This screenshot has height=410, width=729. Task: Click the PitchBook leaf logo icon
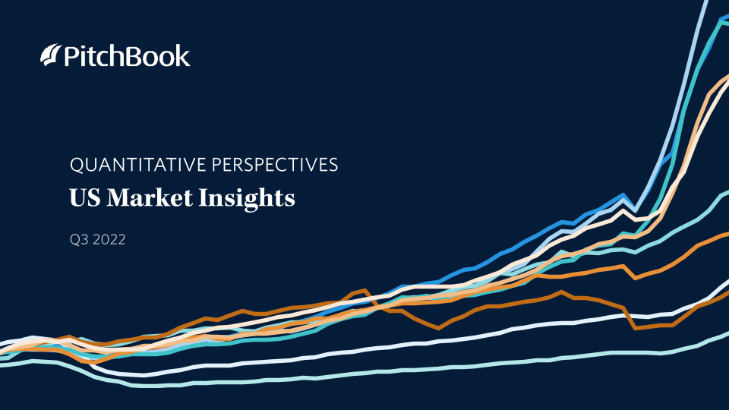51,55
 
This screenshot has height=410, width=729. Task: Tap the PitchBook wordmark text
127,55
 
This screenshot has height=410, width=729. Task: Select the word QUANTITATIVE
138,165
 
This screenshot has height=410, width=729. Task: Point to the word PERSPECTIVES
275,165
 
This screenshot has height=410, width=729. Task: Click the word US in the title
84,197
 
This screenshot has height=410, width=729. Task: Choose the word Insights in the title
247,198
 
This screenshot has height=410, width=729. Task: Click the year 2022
109,240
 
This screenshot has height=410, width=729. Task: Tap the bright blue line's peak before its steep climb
623,195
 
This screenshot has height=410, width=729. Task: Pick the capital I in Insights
204,197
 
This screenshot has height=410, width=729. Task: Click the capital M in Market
119,197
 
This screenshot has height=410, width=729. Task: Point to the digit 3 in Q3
84,240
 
